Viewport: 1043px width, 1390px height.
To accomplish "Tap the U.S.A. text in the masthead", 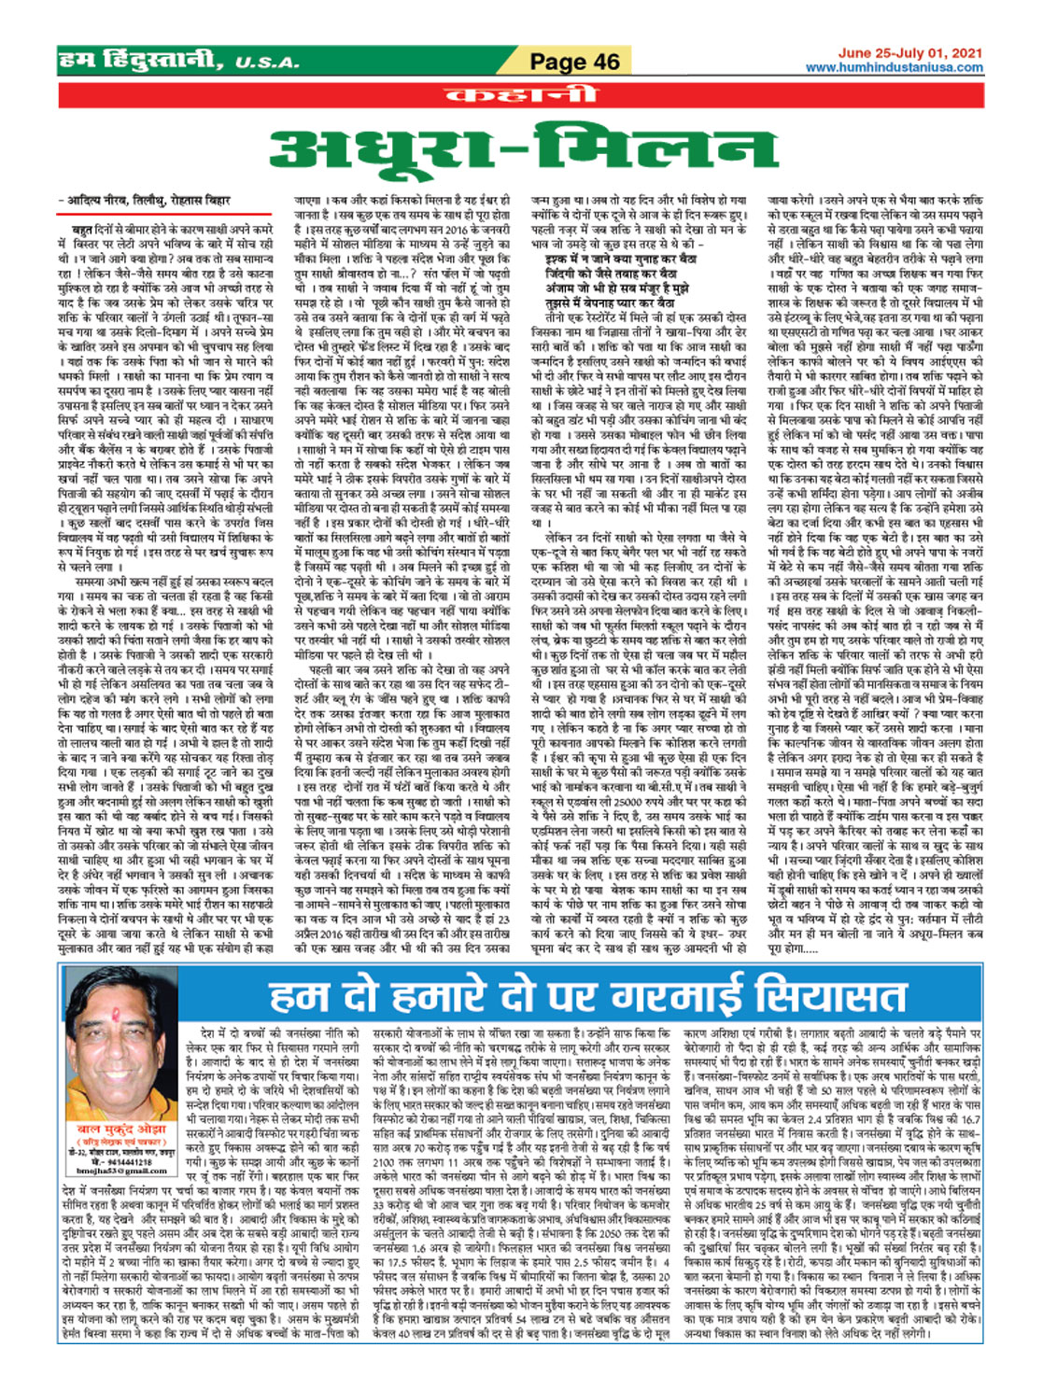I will pyautogui.click(x=267, y=63).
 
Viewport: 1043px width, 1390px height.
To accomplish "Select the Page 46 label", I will pyautogui.click(x=574, y=62).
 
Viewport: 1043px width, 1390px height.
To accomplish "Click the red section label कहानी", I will pyautogui.click(x=521, y=94).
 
